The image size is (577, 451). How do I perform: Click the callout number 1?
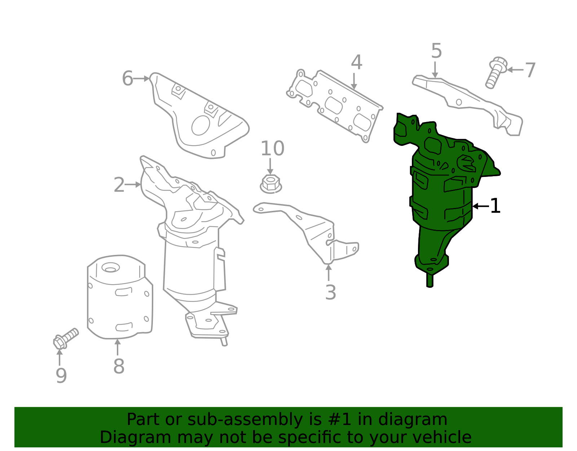(x=495, y=206)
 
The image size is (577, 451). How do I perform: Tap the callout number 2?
(x=119, y=185)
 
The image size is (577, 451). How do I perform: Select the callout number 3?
(x=331, y=292)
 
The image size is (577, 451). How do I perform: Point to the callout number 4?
(x=356, y=63)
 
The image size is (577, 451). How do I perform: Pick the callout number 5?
(x=436, y=51)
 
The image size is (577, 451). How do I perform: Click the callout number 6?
(x=127, y=78)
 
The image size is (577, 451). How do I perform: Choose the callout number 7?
(x=530, y=70)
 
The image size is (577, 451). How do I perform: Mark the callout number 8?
(x=119, y=366)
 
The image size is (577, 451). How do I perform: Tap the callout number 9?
(x=61, y=376)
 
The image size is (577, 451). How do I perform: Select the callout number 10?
(x=273, y=148)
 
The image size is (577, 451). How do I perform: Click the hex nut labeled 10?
(x=271, y=184)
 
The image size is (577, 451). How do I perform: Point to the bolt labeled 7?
(x=496, y=72)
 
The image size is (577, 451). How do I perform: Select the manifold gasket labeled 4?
(x=335, y=105)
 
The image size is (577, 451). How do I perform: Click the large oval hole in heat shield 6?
(x=201, y=125)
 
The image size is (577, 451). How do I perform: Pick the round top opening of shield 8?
(x=110, y=268)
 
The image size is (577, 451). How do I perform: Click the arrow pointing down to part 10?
(x=270, y=166)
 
